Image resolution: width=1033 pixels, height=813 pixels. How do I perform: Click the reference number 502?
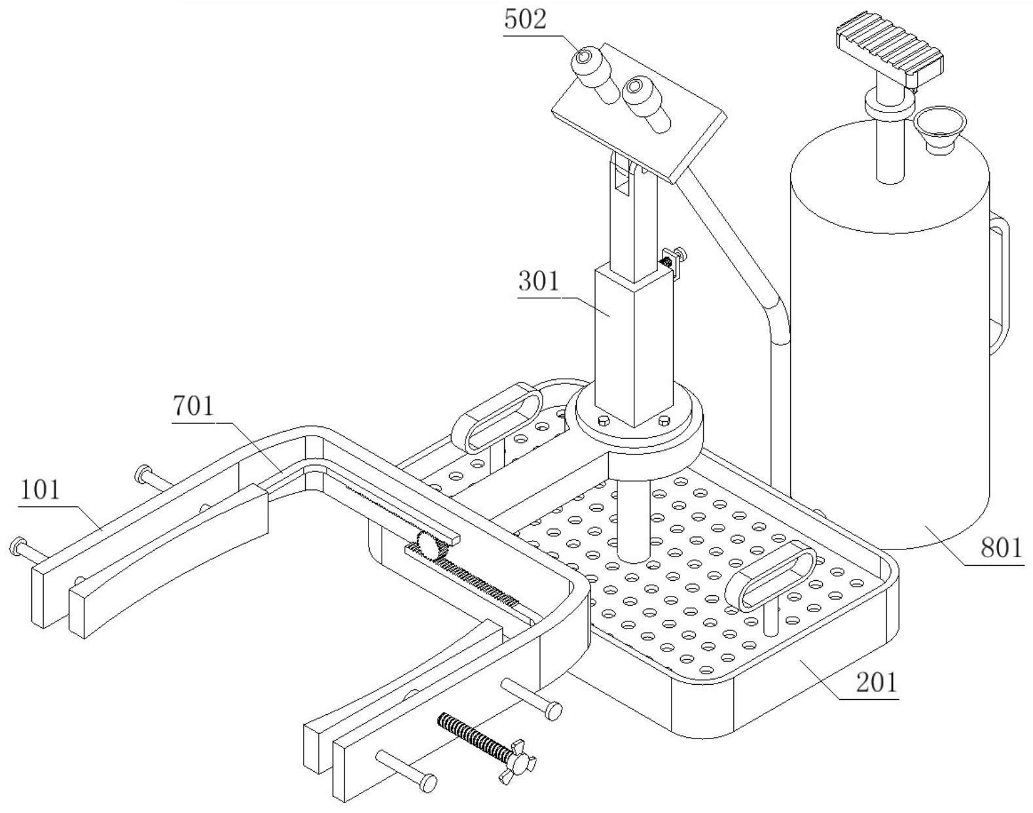coord(525,20)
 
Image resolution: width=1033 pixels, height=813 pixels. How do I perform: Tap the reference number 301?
coord(539,281)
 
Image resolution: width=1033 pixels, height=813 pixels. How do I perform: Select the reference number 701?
coord(193,406)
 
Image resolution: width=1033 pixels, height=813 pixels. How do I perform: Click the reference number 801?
coord(1000,547)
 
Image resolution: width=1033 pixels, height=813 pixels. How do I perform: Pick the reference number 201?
coord(876,682)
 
